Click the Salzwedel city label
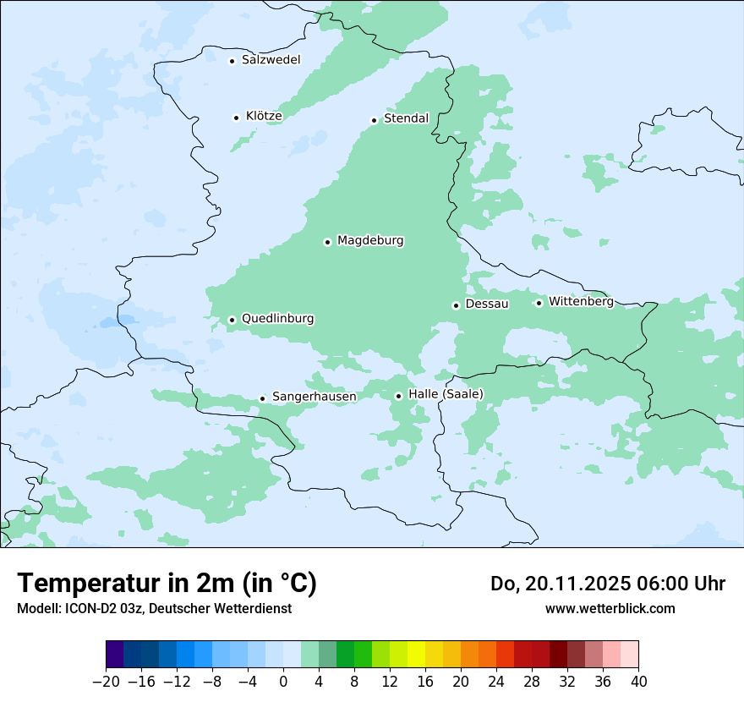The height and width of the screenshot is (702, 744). pos(271,60)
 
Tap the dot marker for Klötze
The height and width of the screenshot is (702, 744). pos(236,118)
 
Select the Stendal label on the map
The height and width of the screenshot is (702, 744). pos(406,118)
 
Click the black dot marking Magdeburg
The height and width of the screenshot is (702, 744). pos(327,242)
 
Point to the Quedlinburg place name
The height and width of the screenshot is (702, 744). pos(277,319)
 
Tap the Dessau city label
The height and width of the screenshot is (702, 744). pos(487,304)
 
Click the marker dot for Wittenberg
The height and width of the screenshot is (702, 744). pos(539,303)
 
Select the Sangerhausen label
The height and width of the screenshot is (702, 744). pos(314,397)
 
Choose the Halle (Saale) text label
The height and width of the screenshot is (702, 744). pos(446,394)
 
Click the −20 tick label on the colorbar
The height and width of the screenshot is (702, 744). pos(106,682)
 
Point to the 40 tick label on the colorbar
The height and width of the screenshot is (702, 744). pos(638,682)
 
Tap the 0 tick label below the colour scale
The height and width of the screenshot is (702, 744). pos(283,682)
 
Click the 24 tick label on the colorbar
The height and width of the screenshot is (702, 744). pos(496,682)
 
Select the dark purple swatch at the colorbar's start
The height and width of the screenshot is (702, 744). pos(114,655)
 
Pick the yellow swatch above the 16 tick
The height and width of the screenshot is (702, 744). pos(416,655)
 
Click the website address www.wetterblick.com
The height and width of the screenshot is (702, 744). pos(610,608)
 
